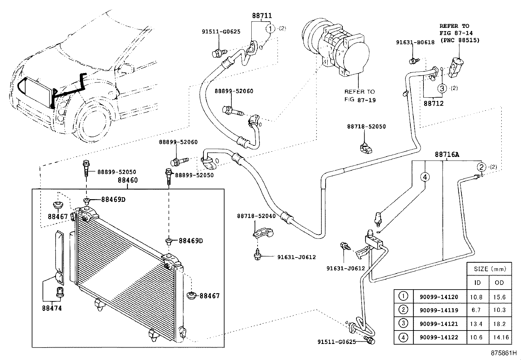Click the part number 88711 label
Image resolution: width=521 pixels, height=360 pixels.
pos(262,16)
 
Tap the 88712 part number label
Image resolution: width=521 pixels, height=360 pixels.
pos(434,104)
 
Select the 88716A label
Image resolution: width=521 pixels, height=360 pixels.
pos(447,154)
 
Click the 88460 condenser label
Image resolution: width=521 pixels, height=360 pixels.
pos(128,180)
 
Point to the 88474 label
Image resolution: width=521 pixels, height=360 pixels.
pos(52,308)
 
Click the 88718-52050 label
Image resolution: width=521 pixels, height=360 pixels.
pos(366,126)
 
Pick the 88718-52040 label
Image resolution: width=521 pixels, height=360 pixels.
pos(256,216)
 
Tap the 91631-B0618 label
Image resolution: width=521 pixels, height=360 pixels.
pos(415,42)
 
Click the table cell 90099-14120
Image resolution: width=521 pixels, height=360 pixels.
pos(439,297)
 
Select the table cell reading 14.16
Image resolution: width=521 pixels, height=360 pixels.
pos(501,337)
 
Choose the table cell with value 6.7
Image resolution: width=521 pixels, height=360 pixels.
pos(476,310)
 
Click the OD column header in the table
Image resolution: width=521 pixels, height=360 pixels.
pos(499,282)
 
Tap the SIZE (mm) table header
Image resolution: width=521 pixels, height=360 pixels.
pos(490,269)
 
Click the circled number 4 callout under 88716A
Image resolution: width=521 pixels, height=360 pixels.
pos(425,177)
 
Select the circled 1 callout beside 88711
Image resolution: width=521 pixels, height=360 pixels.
pos(270,29)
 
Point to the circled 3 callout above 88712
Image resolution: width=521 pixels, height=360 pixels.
pos(442,88)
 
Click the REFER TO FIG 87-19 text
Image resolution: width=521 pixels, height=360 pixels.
pos(360,96)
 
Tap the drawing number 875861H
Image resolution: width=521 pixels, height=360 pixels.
pos(504,353)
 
